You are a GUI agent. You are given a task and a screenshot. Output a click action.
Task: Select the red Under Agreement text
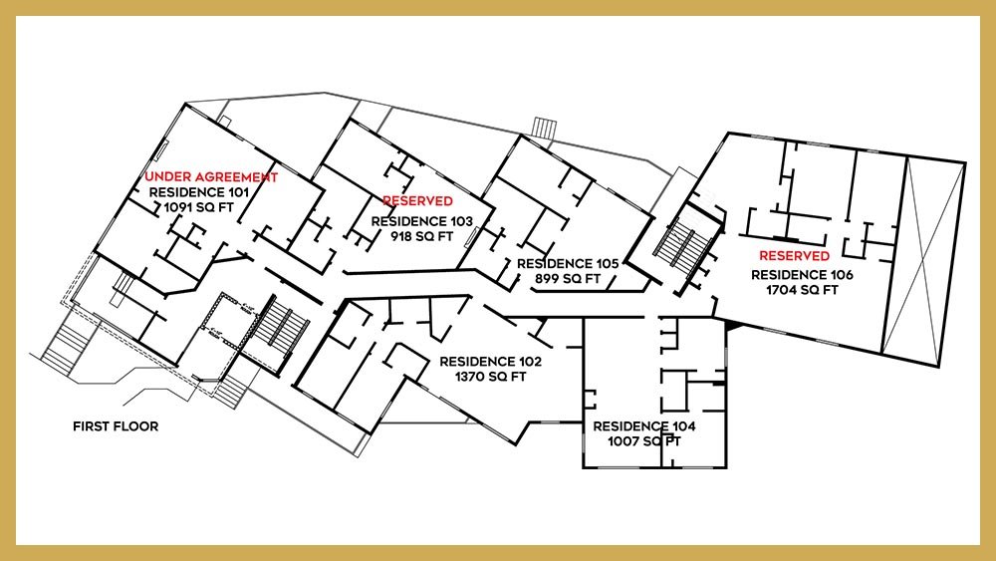211,176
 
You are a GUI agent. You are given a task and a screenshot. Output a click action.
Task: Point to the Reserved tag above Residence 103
417,201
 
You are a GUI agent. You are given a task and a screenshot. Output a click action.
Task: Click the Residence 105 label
568,263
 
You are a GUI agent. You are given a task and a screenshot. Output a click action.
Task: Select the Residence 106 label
801,274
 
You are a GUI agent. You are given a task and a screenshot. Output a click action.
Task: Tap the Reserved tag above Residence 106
794,256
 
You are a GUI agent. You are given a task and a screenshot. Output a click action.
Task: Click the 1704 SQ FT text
801,290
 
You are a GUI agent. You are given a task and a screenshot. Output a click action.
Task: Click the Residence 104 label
644,425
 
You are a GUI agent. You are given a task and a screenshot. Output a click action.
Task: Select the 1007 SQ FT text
644,440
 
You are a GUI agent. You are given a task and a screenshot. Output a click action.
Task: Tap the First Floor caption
116,426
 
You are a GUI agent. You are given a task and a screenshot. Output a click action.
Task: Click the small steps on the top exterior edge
543,129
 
